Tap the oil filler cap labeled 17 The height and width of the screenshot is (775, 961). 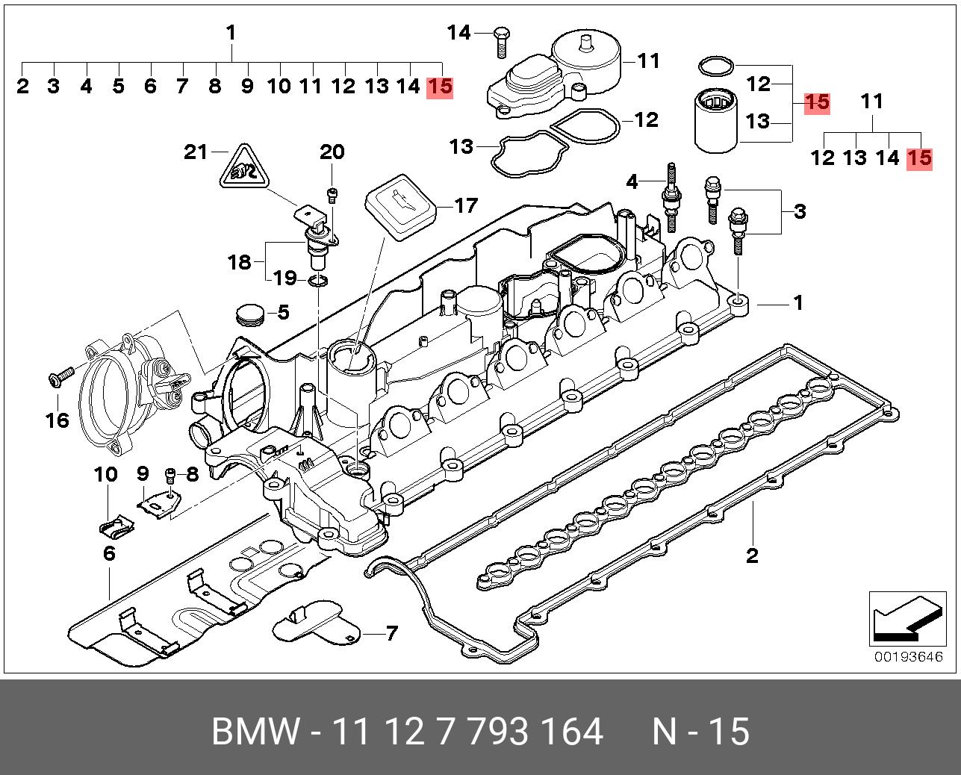pos(400,204)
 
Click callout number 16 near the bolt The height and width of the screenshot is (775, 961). pos(57,420)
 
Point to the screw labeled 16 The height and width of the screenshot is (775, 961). pos(60,376)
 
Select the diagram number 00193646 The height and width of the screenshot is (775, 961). pos(909,657)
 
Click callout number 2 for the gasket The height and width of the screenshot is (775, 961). pos(752,555)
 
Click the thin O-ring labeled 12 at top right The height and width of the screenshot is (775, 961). pos(715,66)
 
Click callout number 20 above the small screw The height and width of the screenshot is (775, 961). pos(332,152)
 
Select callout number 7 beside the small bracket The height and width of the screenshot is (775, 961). pos(391,634)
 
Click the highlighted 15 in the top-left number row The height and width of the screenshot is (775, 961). pos(439,87)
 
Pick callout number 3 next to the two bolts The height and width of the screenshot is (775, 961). pos(800,211)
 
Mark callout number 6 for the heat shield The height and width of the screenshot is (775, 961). pos(109,553)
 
